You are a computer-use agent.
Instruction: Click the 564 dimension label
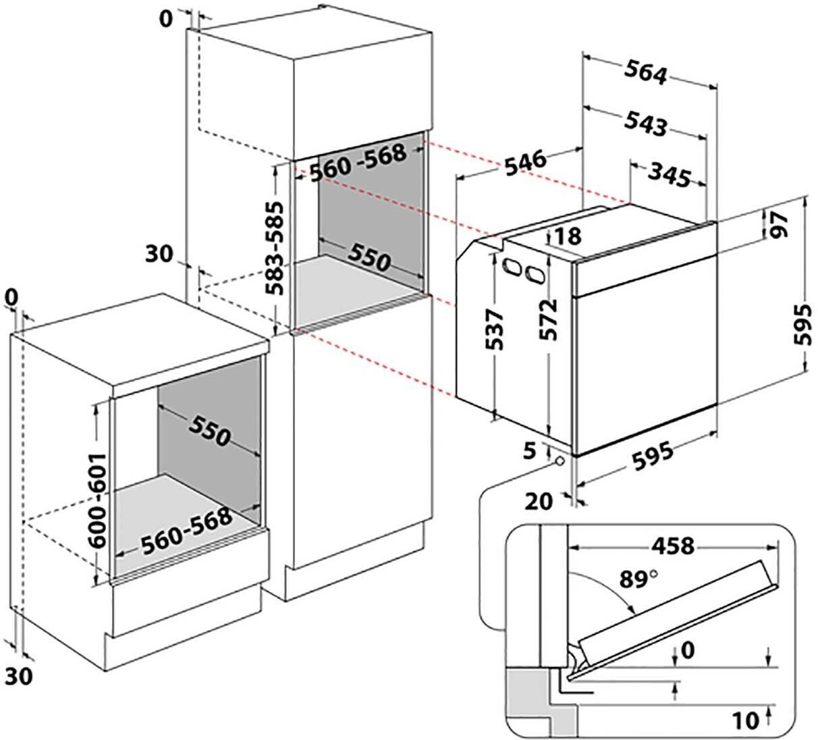click(645, 72)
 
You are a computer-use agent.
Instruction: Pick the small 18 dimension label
click(566, 236)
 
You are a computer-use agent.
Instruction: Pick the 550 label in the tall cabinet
click(369, 259)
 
